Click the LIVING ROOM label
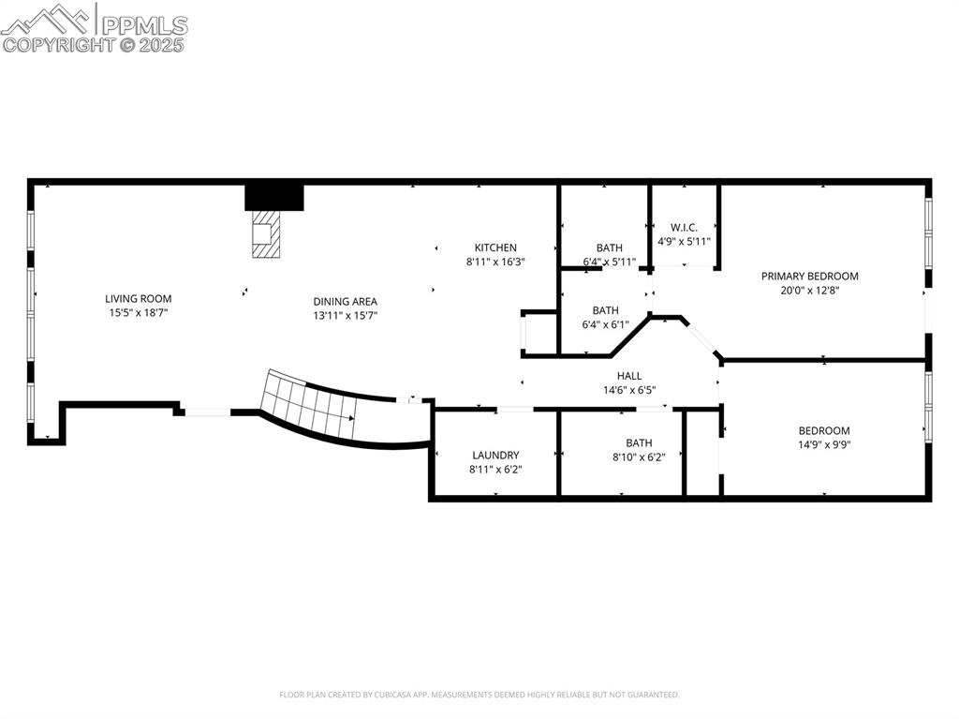point(138,299)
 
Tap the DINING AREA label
point(345,302)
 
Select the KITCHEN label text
point(495,248)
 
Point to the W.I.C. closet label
point(685,227)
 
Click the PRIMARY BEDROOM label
point(809,277)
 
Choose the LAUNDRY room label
point(495,456)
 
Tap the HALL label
point(629,376)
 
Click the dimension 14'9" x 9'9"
point(824,445)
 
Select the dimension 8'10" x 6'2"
point(639,457)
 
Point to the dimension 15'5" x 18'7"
point(138,313)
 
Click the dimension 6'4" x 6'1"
point(605,325)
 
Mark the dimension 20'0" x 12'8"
point(809,291)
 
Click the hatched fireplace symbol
point(265,233)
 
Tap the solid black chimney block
point(274,197)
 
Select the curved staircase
point(309,406)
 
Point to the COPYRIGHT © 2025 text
point(94,45)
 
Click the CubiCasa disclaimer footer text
point(479,695)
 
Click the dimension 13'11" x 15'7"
point(345,316)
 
